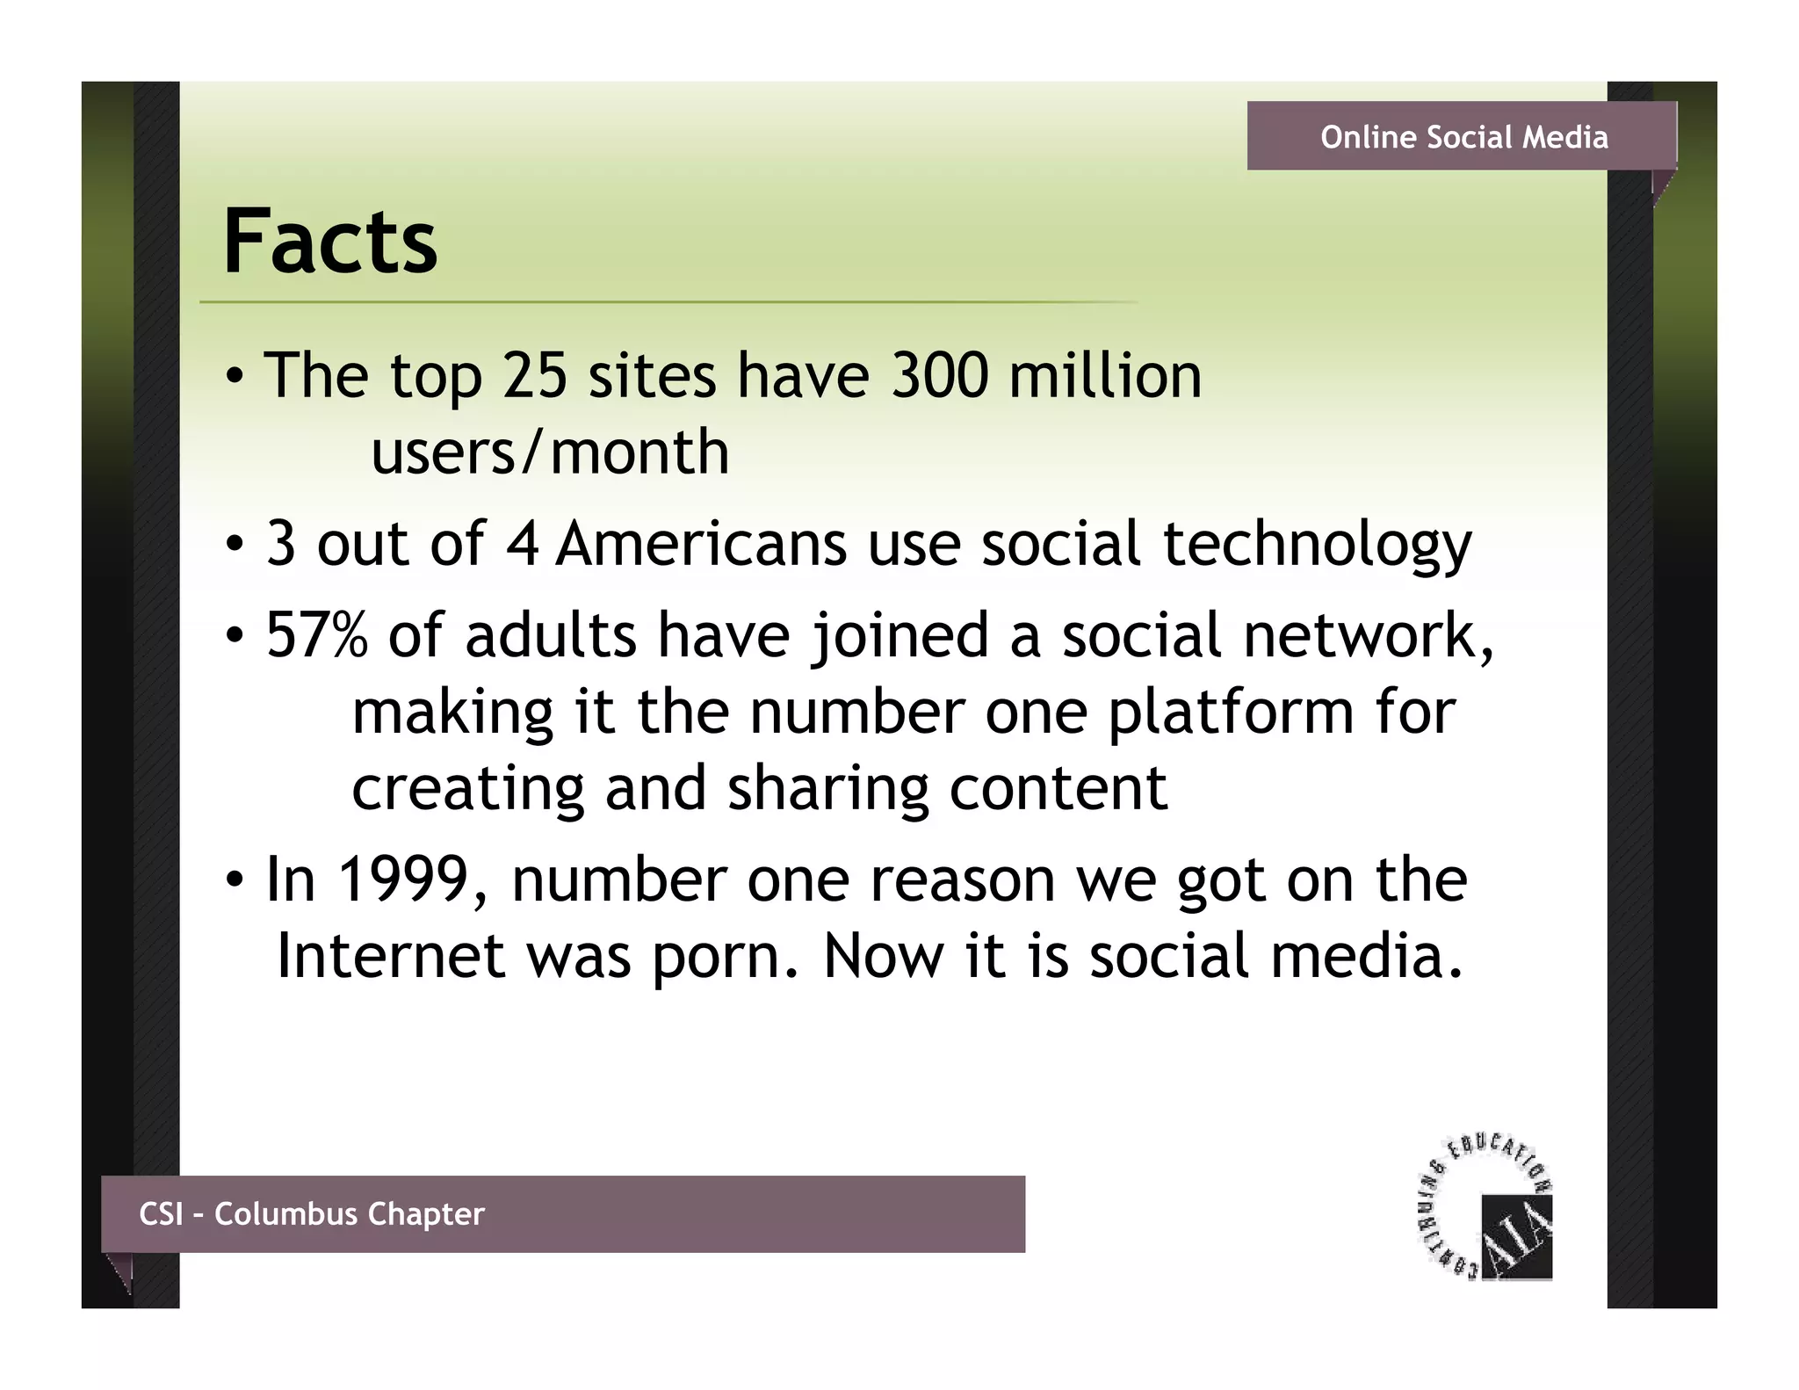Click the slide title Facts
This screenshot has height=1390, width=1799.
[x=329, y=242]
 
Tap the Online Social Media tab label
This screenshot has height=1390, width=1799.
[x=1463, y=137]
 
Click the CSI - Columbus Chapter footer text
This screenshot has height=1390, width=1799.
[x=311, y=1213]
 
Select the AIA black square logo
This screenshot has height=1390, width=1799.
[x=1517, y=1237]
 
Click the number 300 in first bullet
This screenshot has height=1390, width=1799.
[x=939, y=375]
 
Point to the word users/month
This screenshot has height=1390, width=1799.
[x=550, y=452]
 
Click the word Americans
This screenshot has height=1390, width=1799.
[x=701, y=544]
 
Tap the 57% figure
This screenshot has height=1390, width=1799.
[x=316, y=634]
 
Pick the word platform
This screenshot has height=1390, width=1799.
[x=1230, y=712]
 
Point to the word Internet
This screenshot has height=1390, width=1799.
[x=390, y=956]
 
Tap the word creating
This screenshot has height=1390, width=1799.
[x=467, y=789]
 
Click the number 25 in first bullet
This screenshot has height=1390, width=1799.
[x=534, y=375]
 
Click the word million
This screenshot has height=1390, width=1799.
[x=1104, y=375]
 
